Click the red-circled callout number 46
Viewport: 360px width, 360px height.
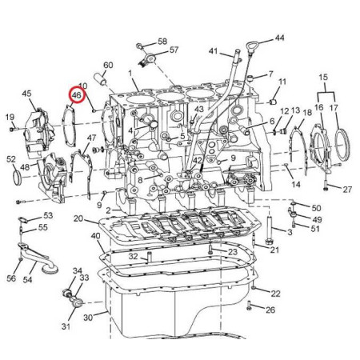[77, 95]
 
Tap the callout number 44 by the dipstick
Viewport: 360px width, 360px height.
[279, 38]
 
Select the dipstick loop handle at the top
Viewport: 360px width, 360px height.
[250, 45]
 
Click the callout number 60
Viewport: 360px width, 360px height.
[108, 66]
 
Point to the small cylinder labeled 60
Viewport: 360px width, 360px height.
[101, 79]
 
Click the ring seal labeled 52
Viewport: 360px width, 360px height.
[17, 178]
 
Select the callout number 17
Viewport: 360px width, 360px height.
[334, 108]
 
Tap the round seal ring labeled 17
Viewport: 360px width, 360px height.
[342, 143]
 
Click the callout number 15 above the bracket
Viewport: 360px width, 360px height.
[323, 78]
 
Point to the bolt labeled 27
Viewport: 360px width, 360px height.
[326, 186]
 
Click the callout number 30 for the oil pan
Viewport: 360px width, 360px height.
[88, 318]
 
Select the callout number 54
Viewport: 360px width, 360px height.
[27, 279]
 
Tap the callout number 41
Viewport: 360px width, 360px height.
[213, 50]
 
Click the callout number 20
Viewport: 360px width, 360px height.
[78, 218]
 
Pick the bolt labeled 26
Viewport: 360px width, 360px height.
[249, 306]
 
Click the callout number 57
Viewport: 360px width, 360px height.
[174, 50]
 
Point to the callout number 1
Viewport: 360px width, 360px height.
[130, 73]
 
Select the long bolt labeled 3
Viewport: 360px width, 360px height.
[270, 230]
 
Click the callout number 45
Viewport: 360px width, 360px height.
[26, 94]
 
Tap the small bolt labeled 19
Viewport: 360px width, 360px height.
[14, 129]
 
